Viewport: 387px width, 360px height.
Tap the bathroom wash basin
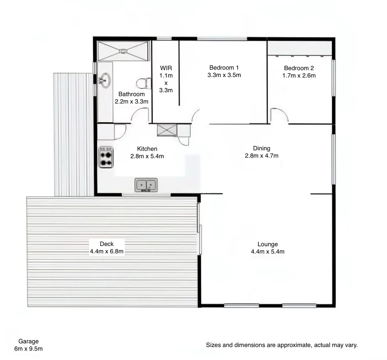click(x=105, y=80)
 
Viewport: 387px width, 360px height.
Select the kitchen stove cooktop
click(x=106, y=157)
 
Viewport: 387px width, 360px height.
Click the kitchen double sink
click(x=146, y=185)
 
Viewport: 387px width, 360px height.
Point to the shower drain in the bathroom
click(x=123, y=51)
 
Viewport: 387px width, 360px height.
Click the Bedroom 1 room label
click(x=224, y=68)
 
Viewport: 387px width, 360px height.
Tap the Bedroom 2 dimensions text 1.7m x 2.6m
click(x=299, y=75)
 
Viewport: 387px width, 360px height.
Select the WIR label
click(x=166, y=68)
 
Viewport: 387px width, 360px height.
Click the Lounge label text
click(x=267, y=244)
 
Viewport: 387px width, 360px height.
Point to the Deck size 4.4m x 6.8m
click(x=107, y=251)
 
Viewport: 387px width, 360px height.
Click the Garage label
click(x=28, y=341)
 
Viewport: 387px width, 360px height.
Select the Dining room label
click(x=261, y=148)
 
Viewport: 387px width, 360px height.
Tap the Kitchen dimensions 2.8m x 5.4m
click(x=147, y=156)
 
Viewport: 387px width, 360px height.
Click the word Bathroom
click(x=131, y=94)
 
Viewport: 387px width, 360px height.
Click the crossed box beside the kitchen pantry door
click(x=167, y=130)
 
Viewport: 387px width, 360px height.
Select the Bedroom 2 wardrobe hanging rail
click(x=300, y=55)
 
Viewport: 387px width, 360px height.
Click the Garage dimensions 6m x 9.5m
click(x=28, y=349)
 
